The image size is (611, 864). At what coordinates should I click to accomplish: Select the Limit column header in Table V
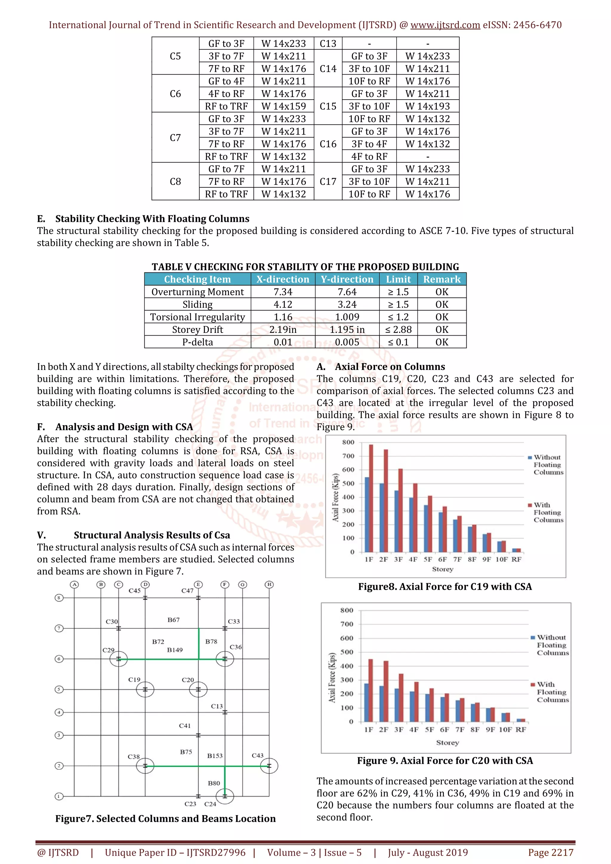pyautogui.click(x=398, y=279)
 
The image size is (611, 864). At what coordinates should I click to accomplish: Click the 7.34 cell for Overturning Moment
pyautogui.click(x=283, y=292)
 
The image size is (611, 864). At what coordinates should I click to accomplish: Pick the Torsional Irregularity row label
pyautogui.click(x=198, y=317)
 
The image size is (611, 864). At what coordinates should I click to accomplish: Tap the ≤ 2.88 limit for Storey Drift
pyautogui.click(x=398, y=330)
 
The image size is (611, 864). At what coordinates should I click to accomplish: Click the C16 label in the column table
pyautogui.click(x=328, y=144)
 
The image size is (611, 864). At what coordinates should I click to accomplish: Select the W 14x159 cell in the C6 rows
pyautogui.click(x=283, y=106)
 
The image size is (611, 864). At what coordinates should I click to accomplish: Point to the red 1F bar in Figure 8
pyautogui.click(x=371, y=498)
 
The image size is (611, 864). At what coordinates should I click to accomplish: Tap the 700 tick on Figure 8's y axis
pyautogui.click(x=348, y=456)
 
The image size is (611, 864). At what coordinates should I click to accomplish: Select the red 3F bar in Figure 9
pyautogui.click(x=401, y=697)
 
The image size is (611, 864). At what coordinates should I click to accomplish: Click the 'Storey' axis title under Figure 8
pyautogui.click(x=442, y=569)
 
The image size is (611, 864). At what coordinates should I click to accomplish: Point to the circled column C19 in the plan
pyautogui.click(x=145, y=690)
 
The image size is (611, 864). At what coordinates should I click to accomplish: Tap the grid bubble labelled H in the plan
pyautogui.click(x=269, y=584)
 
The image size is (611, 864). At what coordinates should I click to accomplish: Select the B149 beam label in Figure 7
pyautogui.click(x=175, y=650)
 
